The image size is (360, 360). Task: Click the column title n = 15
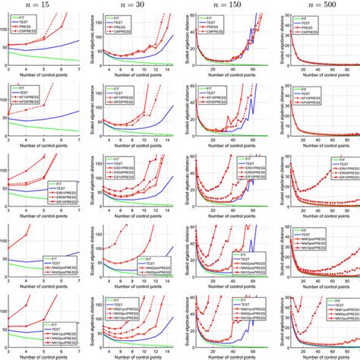[x=43, y=5]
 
